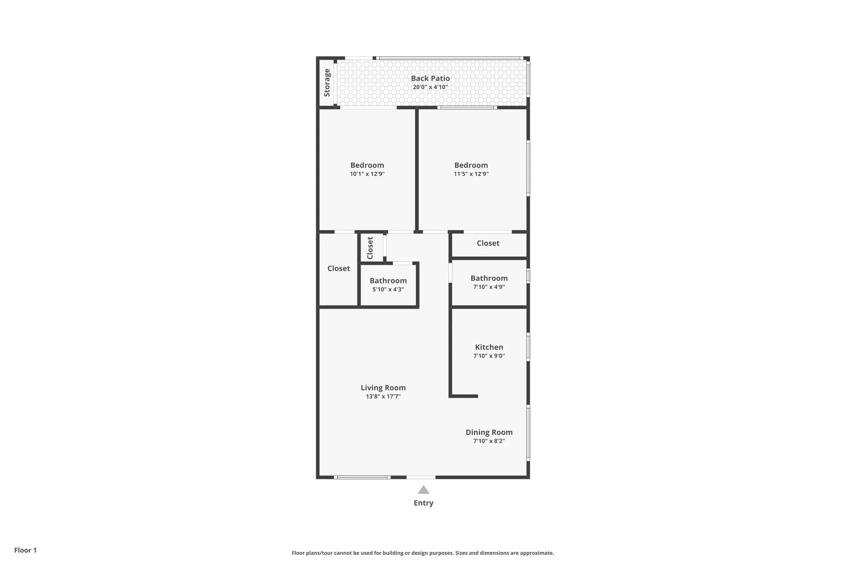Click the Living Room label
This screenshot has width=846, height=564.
pyautogui.click(x=383, y=388)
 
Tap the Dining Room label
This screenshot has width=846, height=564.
pyautogui.click(x=489, y=432)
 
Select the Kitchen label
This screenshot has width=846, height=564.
pyautogui.click(x=489, y=347)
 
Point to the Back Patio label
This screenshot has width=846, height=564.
pyautogui.click(x=430, y=78)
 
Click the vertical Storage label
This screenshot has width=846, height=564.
pyautogui.click(x=327, y=83)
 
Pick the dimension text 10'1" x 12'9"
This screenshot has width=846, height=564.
pyautogui.click(x=367, y=174)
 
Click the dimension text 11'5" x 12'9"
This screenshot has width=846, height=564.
pyautogui.click(x=471, y=174)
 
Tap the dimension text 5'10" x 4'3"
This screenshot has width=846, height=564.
pyautogui.click(x=388, y=289)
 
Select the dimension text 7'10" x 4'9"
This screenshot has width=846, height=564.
pyautogui.click(x=489, y=287)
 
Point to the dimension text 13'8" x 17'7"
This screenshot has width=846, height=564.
pyautogui.click(x=383, y=396)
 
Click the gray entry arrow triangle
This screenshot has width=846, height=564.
pyautogui.click(x=423, y=490)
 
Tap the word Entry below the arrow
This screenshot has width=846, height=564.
pyautogui.click(x=423, y=503)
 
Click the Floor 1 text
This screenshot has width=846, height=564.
pyautogui.click(x=25, y=550)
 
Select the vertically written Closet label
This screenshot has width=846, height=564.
pyautogui.click(x=370, y=248)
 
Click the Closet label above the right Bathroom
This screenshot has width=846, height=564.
pyautogui.click(x=488, y=243)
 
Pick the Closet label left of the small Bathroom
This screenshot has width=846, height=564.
pyautogui.click(x=338, y=268)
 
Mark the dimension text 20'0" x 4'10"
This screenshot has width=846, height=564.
pyautogui.click(x=430, y=87)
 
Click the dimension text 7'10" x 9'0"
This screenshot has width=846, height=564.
pyautogui.click(x=489, y=356)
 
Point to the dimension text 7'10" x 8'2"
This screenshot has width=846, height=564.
pyautogui.click(x=489, y=441)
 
